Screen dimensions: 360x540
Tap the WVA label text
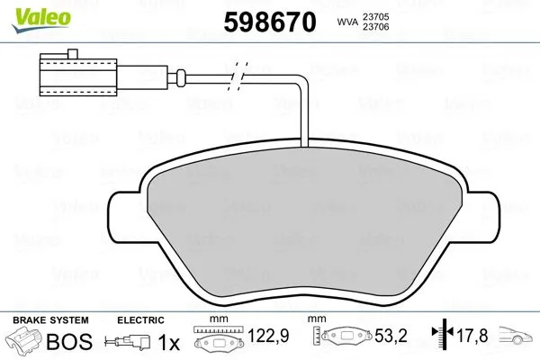(346, 22)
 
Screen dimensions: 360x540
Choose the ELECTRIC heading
(140, 320)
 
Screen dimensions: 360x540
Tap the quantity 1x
(168, 342)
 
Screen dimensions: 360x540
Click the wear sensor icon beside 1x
(129, 342)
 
